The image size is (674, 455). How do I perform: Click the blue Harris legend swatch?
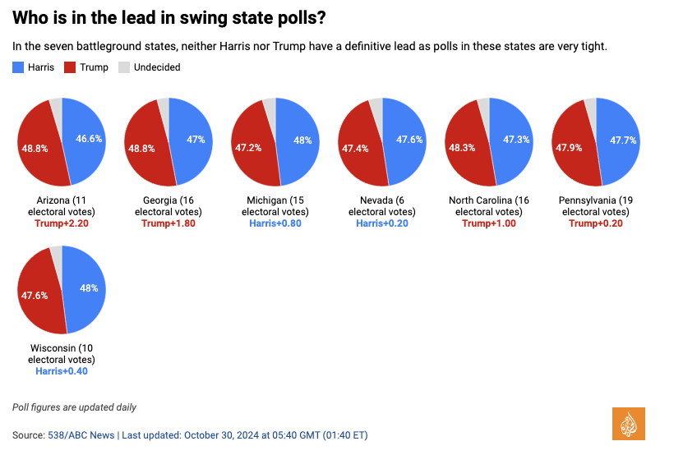coord(19,67)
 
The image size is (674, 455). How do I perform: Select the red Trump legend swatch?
coord(71,67)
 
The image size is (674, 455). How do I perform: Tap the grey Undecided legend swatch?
coord(125,67)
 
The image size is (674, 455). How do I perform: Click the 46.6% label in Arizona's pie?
coord(88,139)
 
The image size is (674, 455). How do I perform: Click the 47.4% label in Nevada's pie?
coord(355,149)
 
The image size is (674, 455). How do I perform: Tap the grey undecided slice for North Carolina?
coord(484,104)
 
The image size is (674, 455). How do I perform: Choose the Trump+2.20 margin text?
coord(62,223)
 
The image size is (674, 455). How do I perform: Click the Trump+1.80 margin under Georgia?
coord(168,223)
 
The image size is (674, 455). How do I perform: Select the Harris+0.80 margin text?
coord(275,223)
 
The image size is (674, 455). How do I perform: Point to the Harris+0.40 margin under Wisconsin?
coord(62,371)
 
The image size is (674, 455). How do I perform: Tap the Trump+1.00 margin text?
coord(489,223)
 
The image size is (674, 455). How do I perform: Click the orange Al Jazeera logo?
coord(629,423)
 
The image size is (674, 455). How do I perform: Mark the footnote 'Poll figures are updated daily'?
coord(74,407)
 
